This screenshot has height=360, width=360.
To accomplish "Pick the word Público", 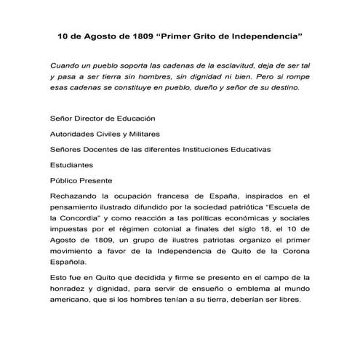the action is click(x=65, y=181).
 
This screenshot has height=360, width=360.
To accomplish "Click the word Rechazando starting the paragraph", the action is click(x=75, y=196).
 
